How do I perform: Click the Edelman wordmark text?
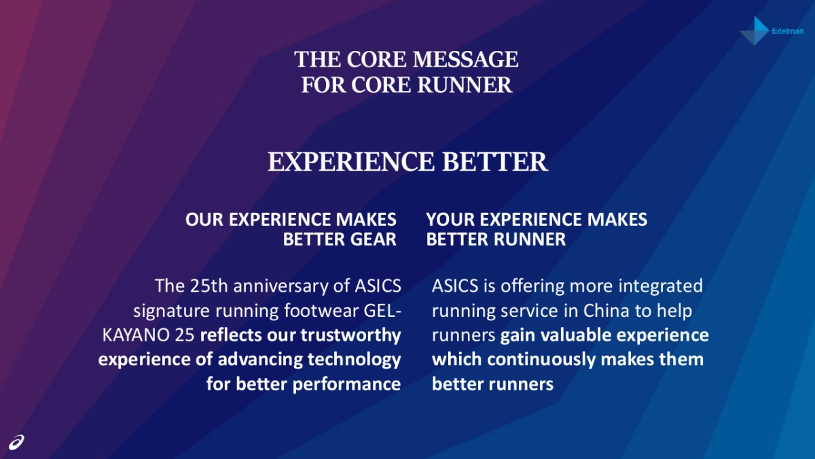coord(788,31)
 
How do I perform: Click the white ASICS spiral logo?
coord(16,442)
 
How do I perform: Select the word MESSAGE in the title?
coord(465,59)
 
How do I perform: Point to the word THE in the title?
coord(317,59)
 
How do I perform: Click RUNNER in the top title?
coord(465,85)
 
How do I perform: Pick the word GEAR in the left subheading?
coord(373,239)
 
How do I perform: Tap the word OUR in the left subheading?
coord(204,220)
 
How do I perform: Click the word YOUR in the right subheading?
coord(450,220)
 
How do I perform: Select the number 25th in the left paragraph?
coord(209,286)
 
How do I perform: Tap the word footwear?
coord(321,310)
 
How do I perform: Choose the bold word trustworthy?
coord(350,336)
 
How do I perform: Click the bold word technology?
coord(354,360)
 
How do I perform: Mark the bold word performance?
coord(346,385)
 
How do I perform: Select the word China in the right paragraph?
coord(606,310)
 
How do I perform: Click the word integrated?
coord(661,286)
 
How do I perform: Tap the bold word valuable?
coord(576,335)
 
